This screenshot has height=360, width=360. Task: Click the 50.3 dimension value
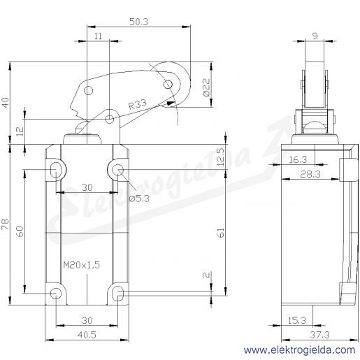tap(138, 22)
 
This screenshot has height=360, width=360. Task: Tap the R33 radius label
tap(138, 104)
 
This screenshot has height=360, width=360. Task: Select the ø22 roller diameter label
tap(207, 87)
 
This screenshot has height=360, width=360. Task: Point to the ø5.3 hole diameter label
tap(139, 199)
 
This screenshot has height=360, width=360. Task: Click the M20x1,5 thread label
tap(82, 265)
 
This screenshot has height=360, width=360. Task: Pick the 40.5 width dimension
tap(87, 335)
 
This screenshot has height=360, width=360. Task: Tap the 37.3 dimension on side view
tap(319, 335)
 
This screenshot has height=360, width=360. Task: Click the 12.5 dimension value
tap(221, 157)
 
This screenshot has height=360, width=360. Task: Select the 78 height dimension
tap(5, 224)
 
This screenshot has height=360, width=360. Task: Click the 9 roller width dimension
tap(315, 36)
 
